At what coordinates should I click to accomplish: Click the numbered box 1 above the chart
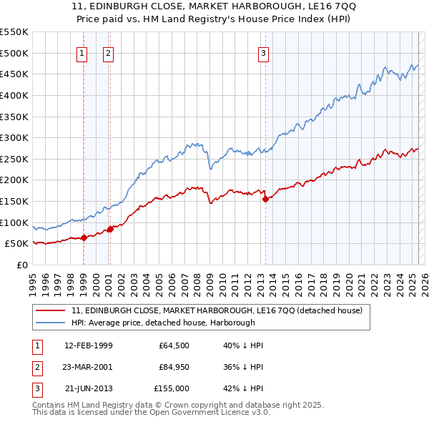[x=83, y=52]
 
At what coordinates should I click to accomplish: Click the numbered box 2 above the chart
[x=108, y=52]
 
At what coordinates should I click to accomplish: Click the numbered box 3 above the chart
[x=263, y=52]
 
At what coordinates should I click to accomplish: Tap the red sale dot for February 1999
[x=84, y=237]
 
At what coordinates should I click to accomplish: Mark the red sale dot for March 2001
[x=110, y=229]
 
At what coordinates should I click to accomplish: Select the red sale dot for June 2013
[x=265, y=200]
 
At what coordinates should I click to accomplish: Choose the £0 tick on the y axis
[x=22, y=265]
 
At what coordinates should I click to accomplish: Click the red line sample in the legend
[x=50, y=311]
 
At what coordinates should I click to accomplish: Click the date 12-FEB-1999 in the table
[x=89, y=345]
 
